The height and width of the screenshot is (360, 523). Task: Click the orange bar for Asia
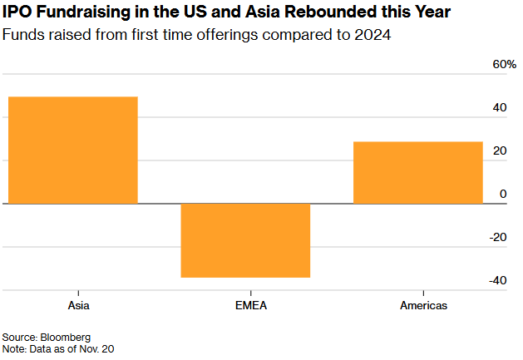coord(72,150)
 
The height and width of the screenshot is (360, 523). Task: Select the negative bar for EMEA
coord(245,240)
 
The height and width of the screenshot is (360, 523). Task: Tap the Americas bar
coord(417,172)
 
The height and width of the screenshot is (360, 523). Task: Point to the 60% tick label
coord(505,65)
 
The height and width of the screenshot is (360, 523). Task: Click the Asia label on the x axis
coord(72,305)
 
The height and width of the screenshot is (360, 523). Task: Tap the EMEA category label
coord(245,305)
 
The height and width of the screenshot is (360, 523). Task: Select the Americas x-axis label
coord(417,305)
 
